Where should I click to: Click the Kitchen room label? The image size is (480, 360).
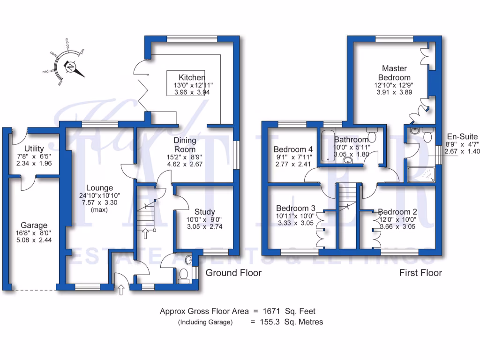tap(192, 77)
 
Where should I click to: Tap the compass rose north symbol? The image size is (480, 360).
tap(71, 67)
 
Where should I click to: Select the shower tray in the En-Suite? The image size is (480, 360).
tap(421, 174)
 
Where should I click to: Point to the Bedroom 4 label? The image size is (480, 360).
tap(293, 150)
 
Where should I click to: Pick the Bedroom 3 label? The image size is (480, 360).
tap(295, 208)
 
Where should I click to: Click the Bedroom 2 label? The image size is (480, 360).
tap(397, 211)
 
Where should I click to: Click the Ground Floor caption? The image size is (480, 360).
tap(233, 273)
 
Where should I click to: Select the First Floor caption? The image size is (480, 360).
tap(420, 273)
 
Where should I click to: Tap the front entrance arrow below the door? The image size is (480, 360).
tap(121, 291)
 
